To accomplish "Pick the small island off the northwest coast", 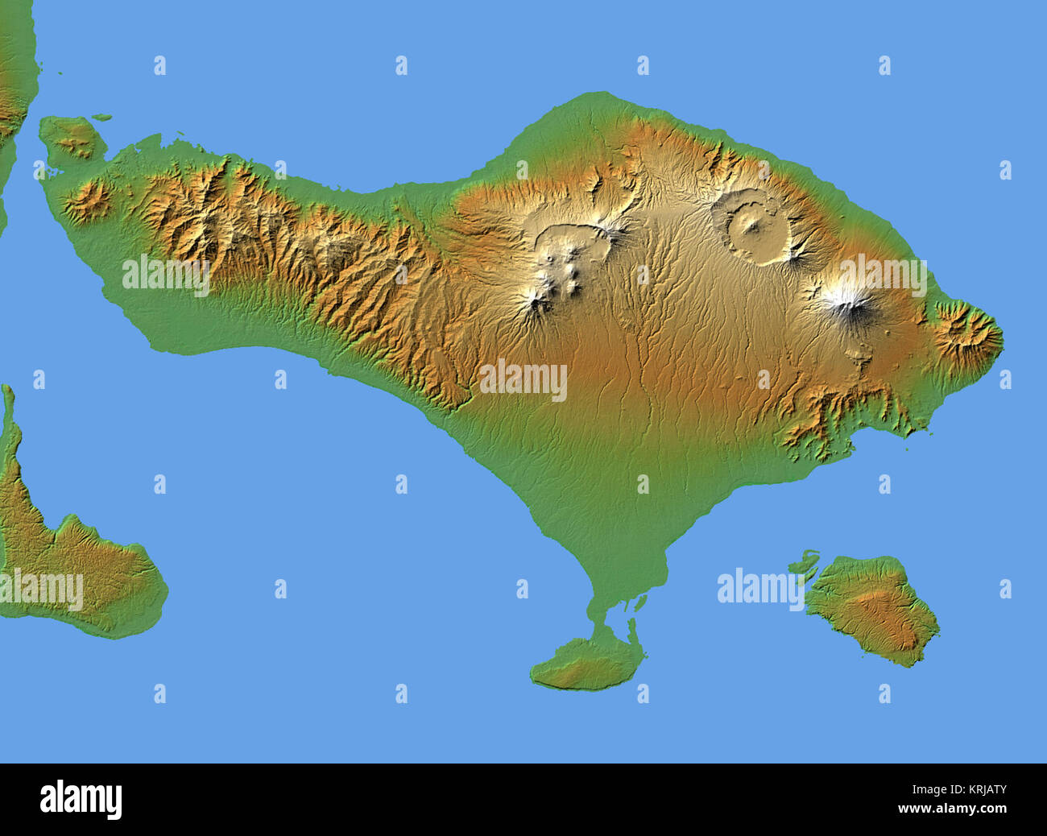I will [x=72, y=137].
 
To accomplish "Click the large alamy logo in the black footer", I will [x=81, y=799].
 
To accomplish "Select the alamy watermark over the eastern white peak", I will [x=883, y=276].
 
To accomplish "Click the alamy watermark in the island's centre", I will [x=523, y=380].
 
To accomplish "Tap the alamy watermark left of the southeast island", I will [x=760, y=588].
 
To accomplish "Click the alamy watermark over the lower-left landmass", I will [x=42, y=590].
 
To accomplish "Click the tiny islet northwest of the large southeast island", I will [x=805, y=560].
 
